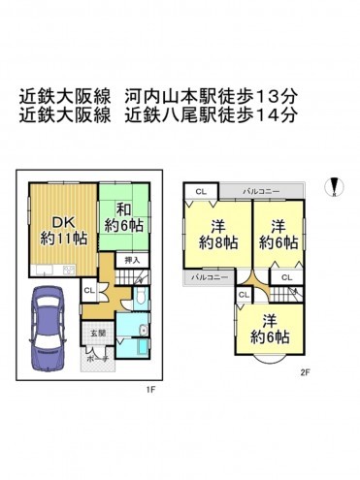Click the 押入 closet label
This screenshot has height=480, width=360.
(134, 260)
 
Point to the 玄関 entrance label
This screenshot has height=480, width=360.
(97, 333)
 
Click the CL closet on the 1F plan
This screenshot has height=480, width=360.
(87, 290)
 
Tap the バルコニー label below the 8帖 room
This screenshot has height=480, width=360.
(208, 278)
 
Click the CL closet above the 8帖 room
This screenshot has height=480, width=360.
(200, 192)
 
